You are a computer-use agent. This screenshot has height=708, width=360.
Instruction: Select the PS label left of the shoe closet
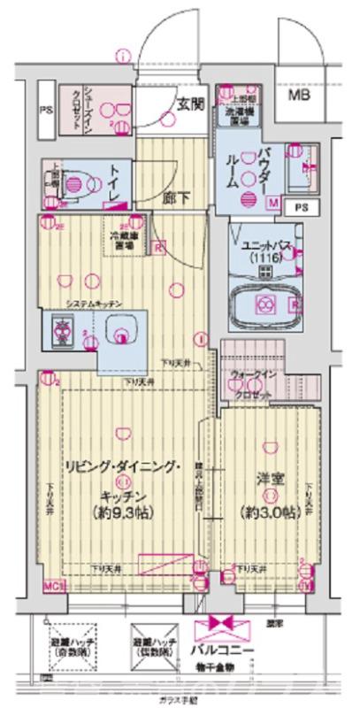tap(45, 112)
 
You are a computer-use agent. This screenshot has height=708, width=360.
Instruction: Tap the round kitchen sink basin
tap(121, 334)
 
